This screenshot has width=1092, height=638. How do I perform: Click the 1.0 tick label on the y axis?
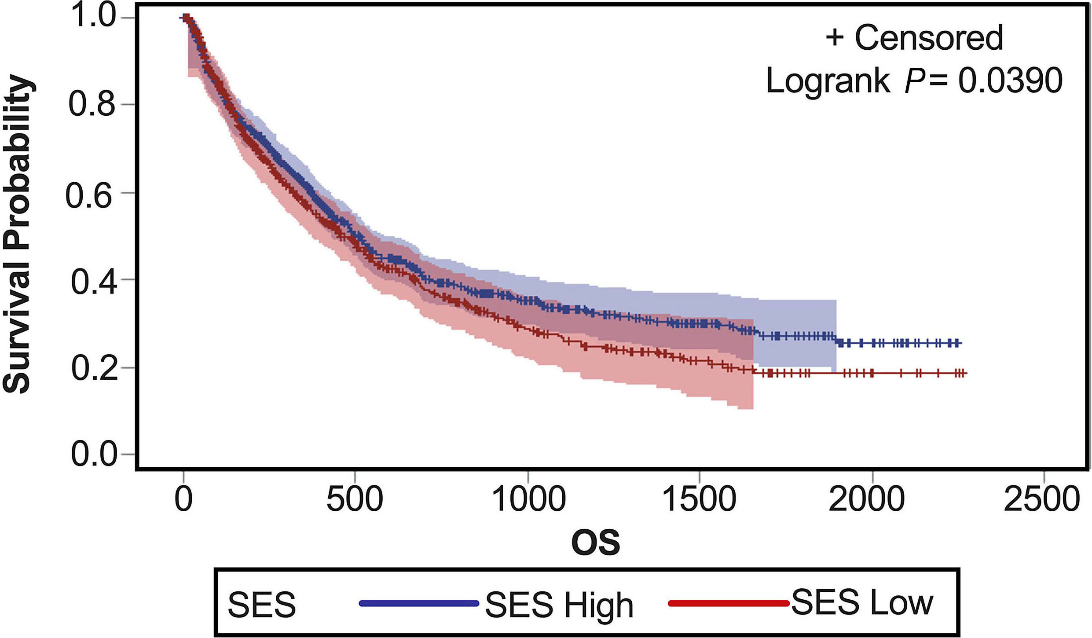click(x=93, y=16)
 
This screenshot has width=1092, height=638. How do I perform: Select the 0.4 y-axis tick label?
click(x=94, y=281)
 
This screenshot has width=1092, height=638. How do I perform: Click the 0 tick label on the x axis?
click(x=183, y=499)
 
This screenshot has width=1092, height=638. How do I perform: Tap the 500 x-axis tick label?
click(x=355, y=499)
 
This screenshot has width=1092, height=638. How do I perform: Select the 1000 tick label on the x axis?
click(x=528, y=499)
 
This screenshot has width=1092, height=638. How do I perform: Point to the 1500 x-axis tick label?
click(x=700, y=499)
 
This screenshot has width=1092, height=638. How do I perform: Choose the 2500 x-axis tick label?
click(x=1041, y=499)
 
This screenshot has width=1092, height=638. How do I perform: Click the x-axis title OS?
click(x=595, y=543)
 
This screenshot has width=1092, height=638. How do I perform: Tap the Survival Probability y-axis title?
click(x=18, y=233)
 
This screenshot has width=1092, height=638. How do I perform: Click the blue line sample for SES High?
click(x=418, y=603)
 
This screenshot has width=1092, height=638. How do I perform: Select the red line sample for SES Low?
click(x=728, y=603)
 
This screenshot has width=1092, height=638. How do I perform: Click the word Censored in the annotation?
click(x=928, y=38)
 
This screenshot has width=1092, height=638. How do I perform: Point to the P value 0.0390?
click(x=1010, y=81)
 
